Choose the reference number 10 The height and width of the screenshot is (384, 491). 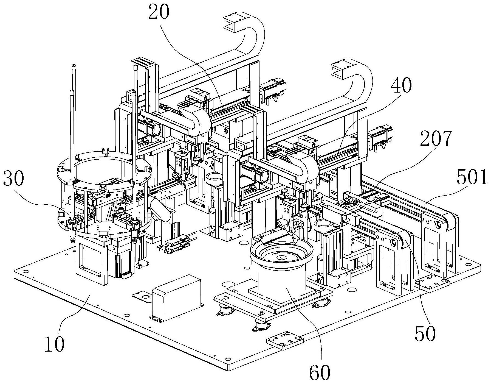(x=55, y=344)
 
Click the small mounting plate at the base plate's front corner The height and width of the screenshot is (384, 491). (x=285, y=340)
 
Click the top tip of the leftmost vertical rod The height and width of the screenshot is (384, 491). (x=74, y=66)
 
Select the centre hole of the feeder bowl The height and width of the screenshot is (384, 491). (x=281, y=258)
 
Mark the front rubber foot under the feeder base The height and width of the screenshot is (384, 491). (x=260, y=326)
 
